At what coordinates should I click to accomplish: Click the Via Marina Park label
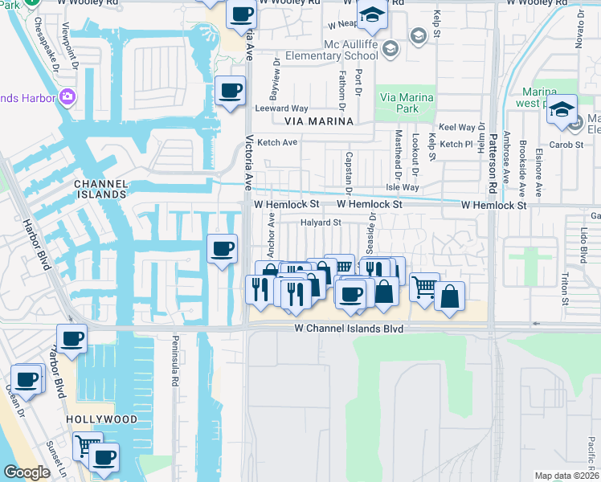tap(406, 103)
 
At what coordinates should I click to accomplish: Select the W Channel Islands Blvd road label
tap(348, 329)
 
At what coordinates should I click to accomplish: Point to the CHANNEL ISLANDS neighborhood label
tap(100, 189)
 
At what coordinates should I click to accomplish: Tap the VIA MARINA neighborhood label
tap(319, 120)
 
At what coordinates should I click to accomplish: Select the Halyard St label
tap(321, 223)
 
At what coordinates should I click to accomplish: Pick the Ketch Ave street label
tap(277, 142)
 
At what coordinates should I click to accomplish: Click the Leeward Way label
tap(281, 108)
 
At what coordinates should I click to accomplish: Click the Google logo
tap(27, 472)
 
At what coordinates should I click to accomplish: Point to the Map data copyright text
tap(567, 476)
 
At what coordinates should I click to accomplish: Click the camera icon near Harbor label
tap(67, 97)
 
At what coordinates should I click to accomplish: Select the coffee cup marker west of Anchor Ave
tap(222, 248)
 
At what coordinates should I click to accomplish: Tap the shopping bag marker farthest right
tap(449, 296)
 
